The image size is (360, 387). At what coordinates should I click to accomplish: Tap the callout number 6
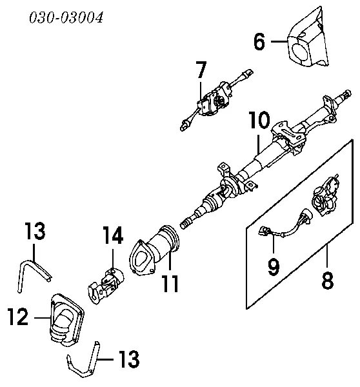[259, 42]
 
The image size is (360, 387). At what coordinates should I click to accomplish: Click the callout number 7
[201, 69]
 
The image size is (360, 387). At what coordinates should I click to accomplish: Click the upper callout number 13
[35, 230]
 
